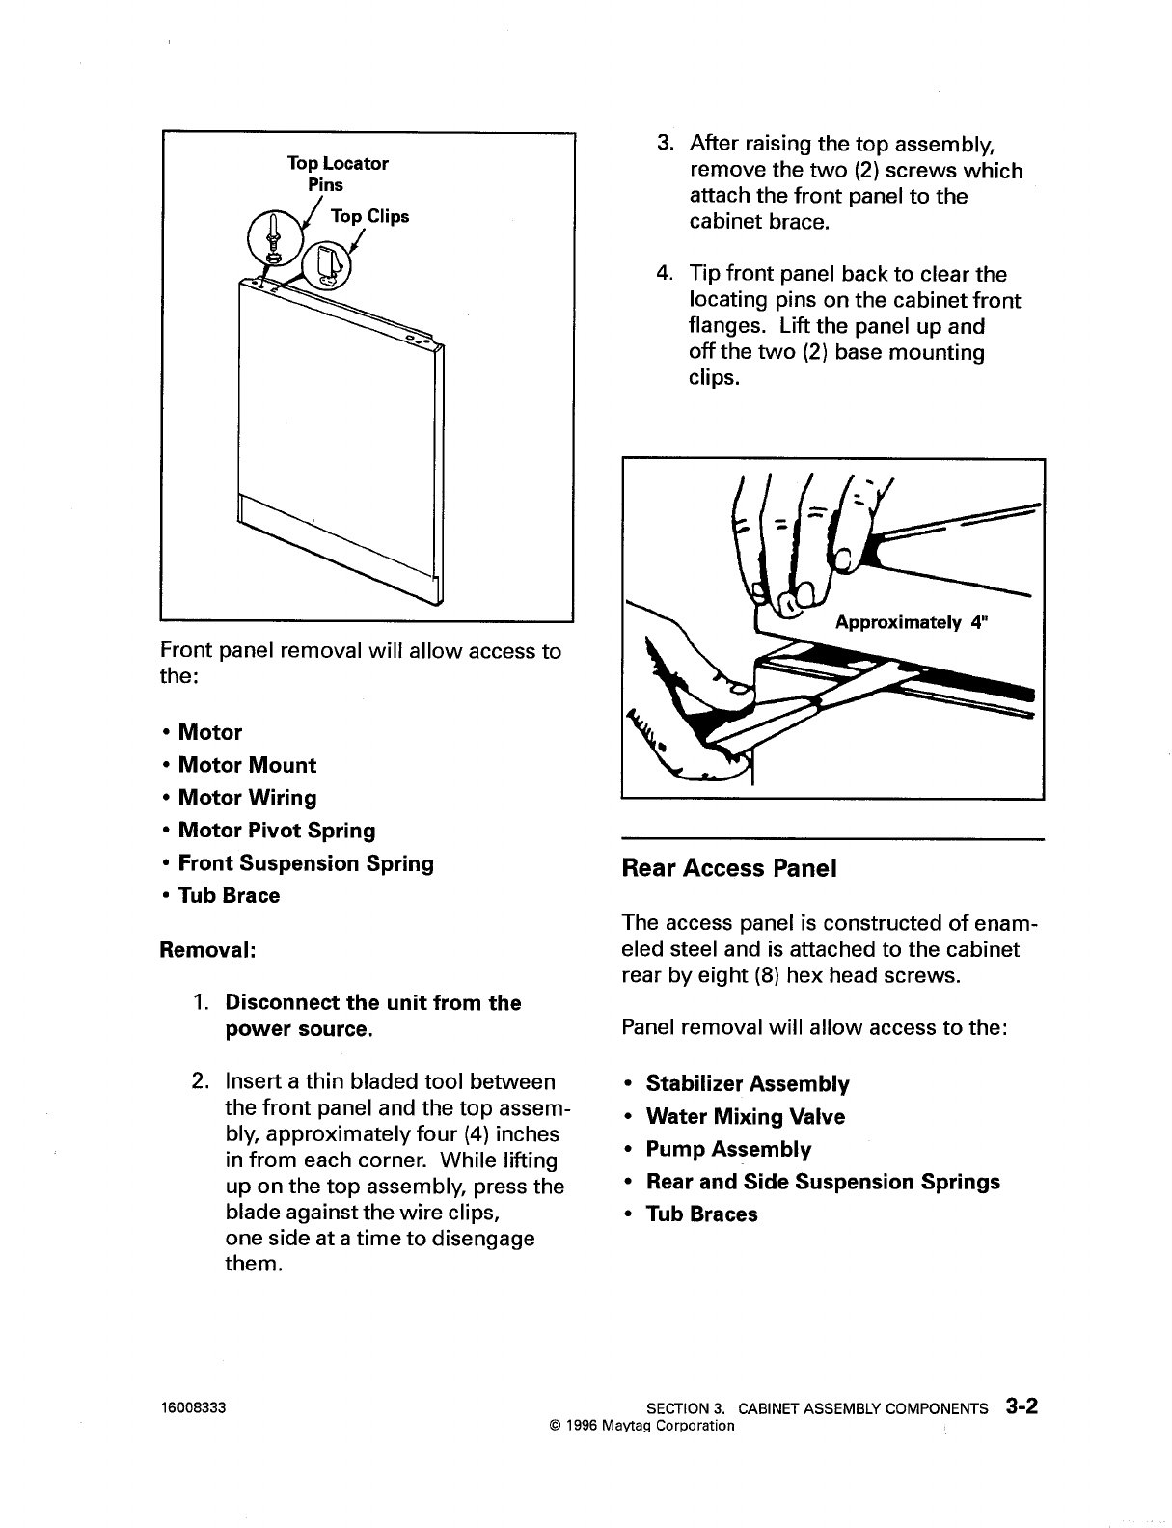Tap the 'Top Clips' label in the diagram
[369, 216]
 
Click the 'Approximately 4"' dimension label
[912, 622]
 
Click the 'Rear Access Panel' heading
[729, 868]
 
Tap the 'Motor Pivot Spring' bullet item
[277, 831]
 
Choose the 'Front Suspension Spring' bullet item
[306, 863]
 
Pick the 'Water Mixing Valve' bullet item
[745, 1117]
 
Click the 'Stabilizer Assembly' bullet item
[748, 1084]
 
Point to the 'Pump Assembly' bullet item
[728, 1150]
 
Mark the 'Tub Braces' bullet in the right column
[701, 1214]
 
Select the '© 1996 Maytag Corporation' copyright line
[641, 1425]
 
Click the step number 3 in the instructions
[665, 144]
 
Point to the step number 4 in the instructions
[665, 274]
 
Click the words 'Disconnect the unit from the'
[372, 1003]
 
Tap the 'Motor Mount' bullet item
[247, 766]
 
